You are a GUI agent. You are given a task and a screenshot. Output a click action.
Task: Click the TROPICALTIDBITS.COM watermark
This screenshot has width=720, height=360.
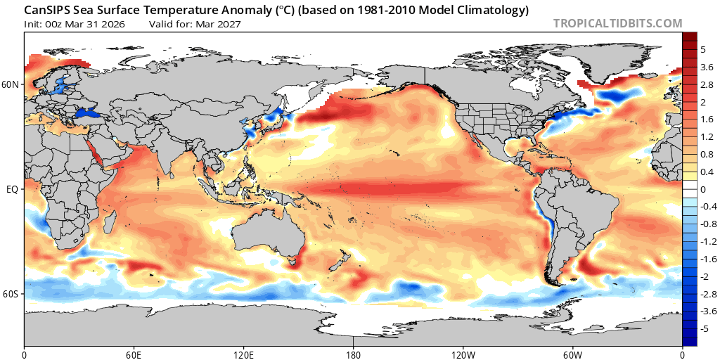617,23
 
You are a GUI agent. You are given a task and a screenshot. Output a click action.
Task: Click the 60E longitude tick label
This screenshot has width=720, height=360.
134,353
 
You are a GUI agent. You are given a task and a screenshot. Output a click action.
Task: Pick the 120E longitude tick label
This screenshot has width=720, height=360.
243,353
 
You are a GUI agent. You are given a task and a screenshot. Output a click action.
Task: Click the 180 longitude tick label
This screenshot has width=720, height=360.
353,353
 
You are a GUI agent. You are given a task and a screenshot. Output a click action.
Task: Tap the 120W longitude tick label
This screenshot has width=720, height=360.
463,353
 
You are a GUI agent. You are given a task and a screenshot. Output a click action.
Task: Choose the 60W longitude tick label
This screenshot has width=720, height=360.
573,353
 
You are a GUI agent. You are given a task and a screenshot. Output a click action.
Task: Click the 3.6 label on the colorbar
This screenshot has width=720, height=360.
707,67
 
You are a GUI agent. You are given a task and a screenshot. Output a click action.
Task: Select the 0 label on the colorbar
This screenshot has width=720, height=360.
702,189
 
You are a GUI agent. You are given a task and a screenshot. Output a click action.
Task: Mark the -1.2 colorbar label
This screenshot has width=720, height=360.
707,241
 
